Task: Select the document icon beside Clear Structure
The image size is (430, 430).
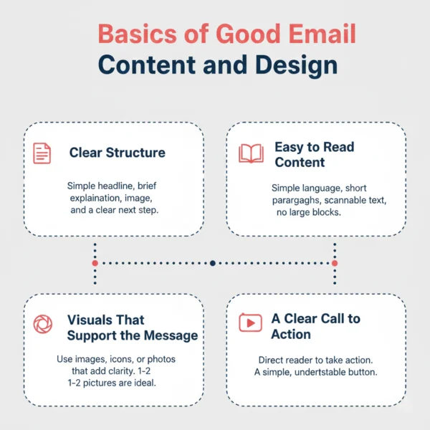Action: coord(42,153)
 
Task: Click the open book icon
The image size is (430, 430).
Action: coord(251,153)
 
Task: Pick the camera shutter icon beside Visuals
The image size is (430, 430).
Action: coord(43,325)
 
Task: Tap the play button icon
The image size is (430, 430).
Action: coord(250,322)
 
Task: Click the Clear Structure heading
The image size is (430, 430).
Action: coord(117,153)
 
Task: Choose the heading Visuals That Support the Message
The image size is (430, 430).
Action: coord(132,328)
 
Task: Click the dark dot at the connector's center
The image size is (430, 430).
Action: coord(213,263)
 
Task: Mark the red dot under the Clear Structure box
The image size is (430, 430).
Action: coord(95,263)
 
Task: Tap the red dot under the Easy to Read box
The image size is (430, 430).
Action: coord(334,263)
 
